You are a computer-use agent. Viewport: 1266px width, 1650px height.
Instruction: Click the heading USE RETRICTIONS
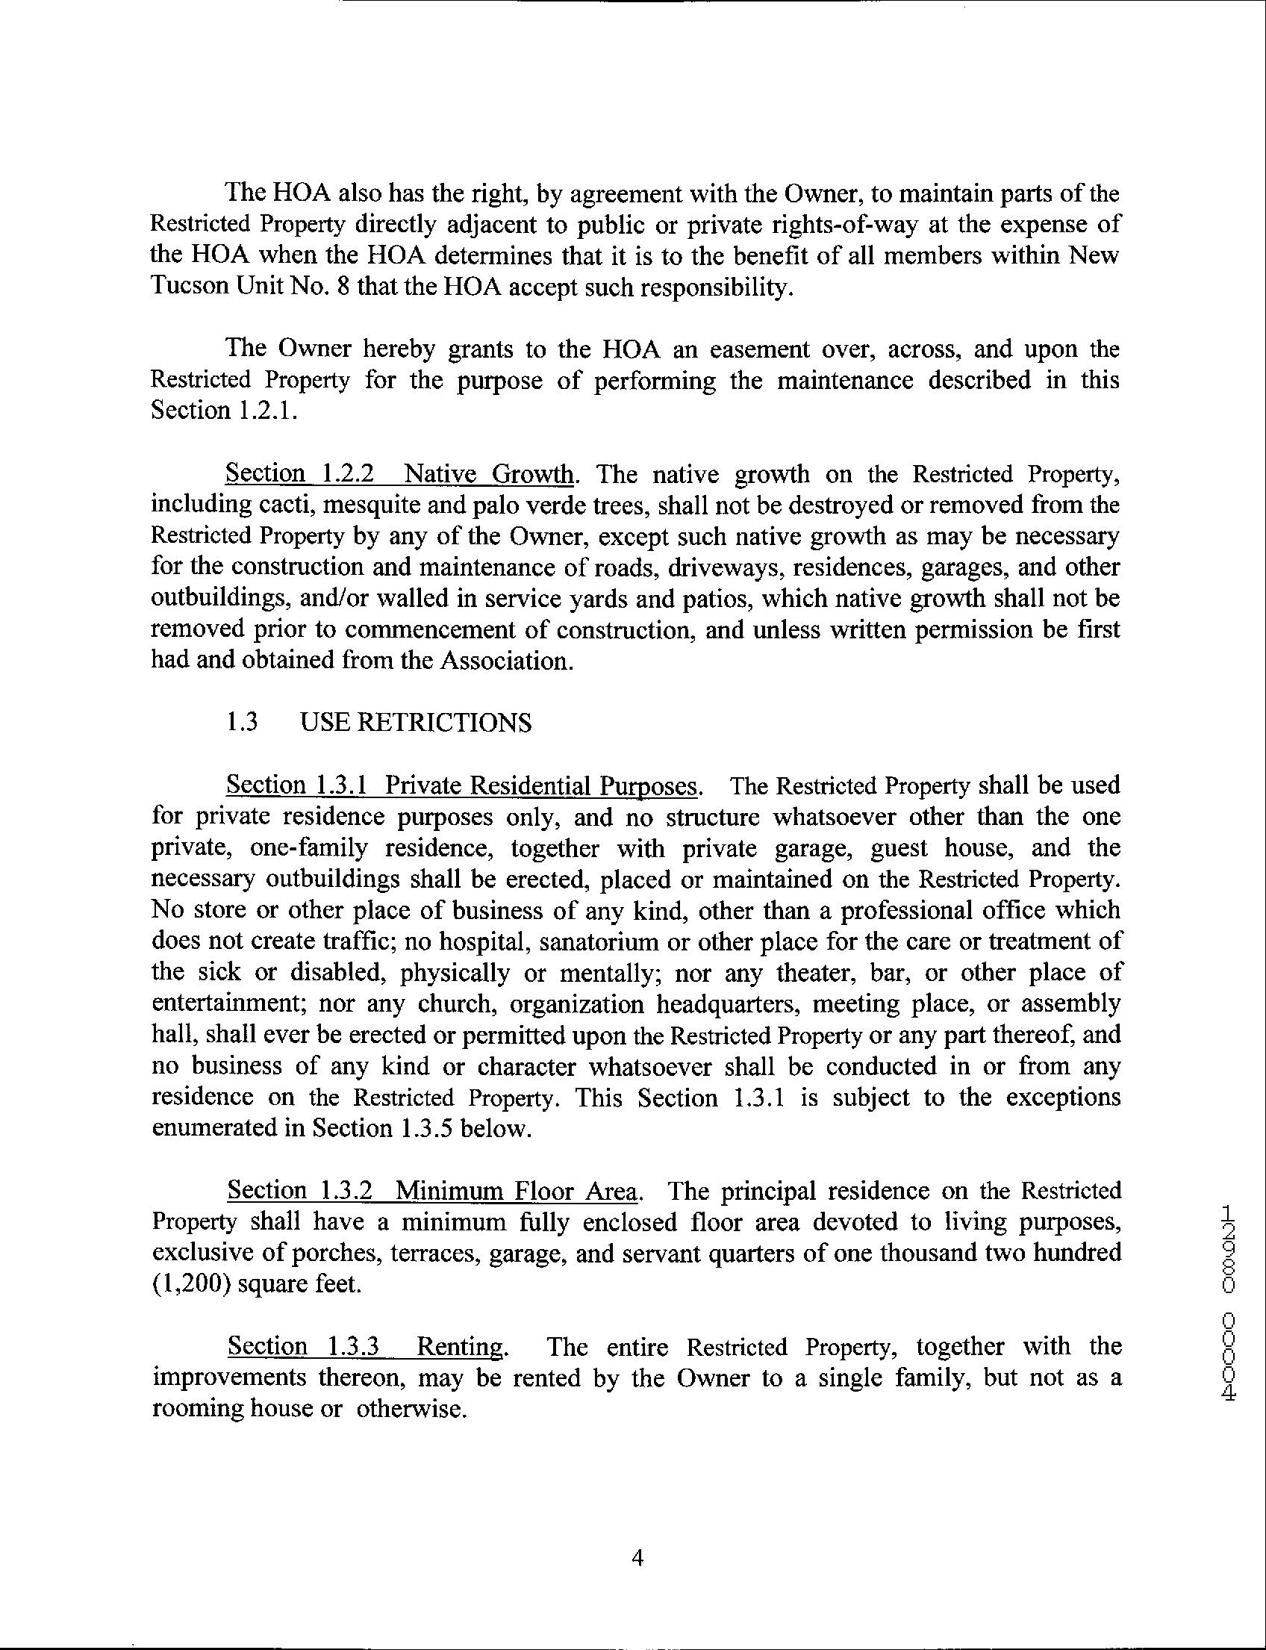[415, 723]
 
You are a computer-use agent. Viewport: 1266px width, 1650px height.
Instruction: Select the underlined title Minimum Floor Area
[518, 1191]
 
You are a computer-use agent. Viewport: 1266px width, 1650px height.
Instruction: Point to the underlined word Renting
[459, 1346]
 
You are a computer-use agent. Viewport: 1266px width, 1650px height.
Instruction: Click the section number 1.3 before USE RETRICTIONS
[242, 723]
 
